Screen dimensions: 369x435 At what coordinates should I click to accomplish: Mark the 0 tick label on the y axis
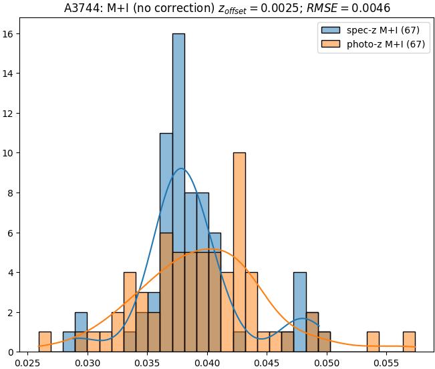tap(15, 352)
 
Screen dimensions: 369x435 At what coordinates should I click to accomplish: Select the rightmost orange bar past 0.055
tap(409, 342)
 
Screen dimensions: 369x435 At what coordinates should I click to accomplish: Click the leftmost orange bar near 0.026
tap(45, 342)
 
